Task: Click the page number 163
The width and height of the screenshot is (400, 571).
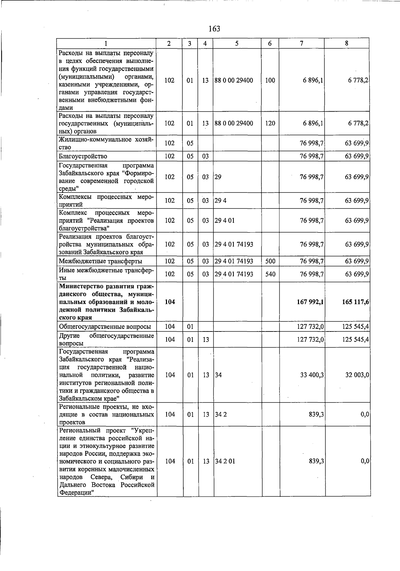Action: [x=214, y=29]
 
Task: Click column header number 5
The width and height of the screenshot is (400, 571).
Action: [x=237, y=43]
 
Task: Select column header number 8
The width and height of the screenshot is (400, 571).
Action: [x=347, y=43]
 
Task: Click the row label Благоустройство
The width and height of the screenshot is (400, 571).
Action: [x=83, y=156]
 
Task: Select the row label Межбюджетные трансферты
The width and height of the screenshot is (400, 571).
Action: [x=100, y=261]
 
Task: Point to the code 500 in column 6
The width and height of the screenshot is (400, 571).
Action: [x=270, y=261]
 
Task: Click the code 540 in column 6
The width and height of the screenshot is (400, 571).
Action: [x=270, y=274]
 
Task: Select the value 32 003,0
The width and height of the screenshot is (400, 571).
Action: [x=357, y=375]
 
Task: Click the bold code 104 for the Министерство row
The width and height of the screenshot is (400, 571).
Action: [x=170, y=302]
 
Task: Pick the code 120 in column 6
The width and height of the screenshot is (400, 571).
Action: [x=270, y=123]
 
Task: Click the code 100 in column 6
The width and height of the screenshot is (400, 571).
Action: [x=270, y=80]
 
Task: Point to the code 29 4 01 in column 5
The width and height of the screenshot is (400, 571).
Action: [x=224, y=221]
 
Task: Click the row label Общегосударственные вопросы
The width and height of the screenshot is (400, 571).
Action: [x=105, y=326]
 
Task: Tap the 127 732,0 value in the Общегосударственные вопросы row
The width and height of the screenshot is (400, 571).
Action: [x=310, y=326]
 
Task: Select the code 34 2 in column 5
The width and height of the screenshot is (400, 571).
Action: [x=221, y=415]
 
